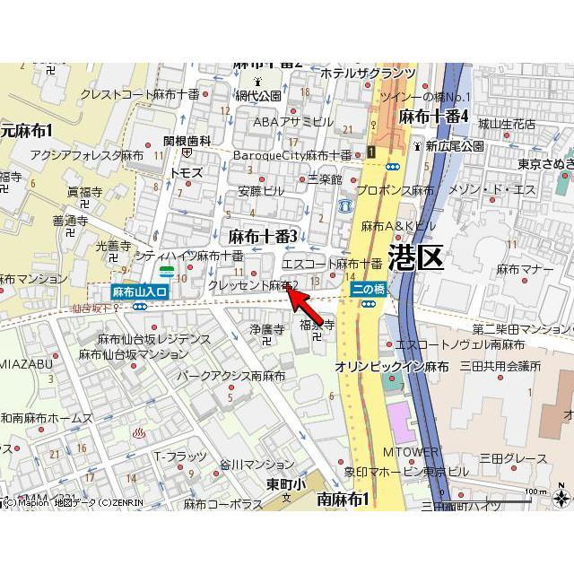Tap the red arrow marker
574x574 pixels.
point(300,296)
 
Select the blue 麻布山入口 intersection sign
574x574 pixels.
point(139,291)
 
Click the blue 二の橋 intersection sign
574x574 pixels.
point(369,289)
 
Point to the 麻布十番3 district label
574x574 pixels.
point(263,236)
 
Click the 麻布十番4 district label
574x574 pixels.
point(434,116)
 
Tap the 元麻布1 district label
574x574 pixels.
point(27,131)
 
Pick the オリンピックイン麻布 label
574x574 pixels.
point(392,367)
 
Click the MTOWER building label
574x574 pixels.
point(411,452)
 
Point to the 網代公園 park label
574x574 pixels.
point(258,95)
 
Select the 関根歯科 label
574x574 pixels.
point(187,141)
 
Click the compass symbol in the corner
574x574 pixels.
point(561,496)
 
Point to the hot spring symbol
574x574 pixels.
point(140,434)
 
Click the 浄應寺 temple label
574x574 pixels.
point(266,329)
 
